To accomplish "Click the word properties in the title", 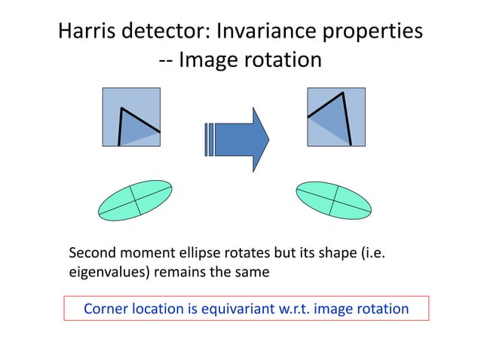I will (375, 33).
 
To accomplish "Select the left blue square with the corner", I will (131, 117).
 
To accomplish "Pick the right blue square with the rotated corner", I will (335, 117).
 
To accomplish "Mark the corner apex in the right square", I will (343, 93).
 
